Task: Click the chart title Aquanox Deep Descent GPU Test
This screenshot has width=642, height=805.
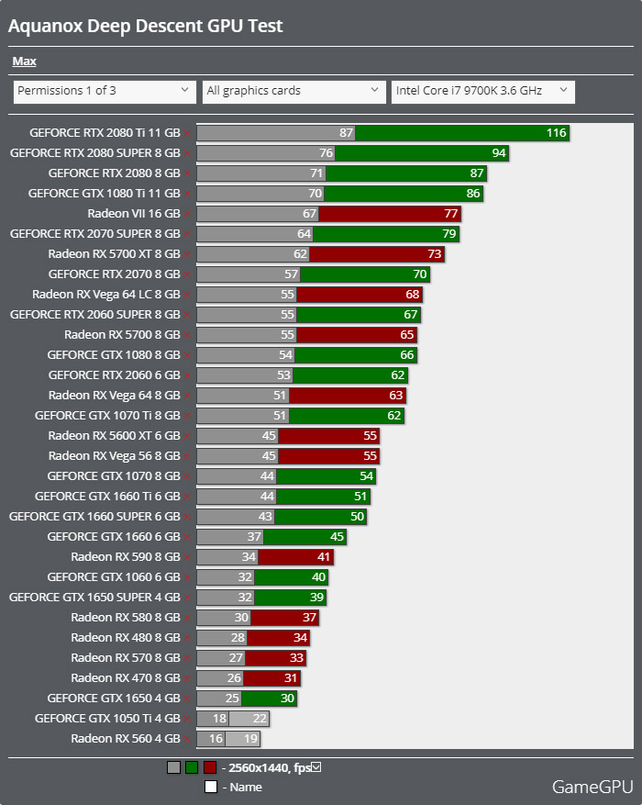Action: click(146, 26)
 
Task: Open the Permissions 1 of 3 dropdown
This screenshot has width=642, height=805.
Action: click(105, 91)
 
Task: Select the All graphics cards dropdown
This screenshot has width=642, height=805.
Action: click(293, 91)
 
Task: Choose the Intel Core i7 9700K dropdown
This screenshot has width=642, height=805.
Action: click(482, 91)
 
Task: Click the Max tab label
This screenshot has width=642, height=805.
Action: click(24, 61)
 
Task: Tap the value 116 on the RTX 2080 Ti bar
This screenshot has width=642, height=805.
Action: click(556, 133)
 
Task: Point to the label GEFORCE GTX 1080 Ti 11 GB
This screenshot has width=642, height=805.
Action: click(104, 194)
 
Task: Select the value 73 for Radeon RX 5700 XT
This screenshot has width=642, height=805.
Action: click(434, 254)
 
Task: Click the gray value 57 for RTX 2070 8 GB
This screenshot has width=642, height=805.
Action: click(292, 274)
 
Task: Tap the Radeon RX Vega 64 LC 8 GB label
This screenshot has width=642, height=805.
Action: click(106, 295)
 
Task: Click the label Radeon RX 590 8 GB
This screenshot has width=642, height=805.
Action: click(126, 557)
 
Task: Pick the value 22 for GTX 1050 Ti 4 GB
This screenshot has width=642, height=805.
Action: click(260, 719)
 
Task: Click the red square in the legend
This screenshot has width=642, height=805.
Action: click(210, 767)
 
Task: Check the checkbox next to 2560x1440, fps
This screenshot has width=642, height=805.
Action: click(316, 767)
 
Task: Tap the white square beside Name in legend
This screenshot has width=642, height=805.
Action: click(210, 787)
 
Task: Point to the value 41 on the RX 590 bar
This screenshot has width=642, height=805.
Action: click(322, 557)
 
